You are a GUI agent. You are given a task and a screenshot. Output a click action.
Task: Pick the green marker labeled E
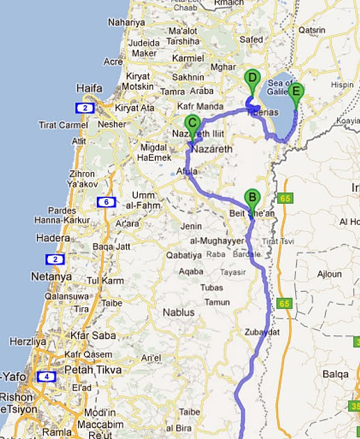point(297,91)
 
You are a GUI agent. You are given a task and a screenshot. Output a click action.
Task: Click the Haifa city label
point(90,88)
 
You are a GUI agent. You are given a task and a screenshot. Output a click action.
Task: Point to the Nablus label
point(178,313)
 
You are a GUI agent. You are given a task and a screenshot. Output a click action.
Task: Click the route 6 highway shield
point(106,203)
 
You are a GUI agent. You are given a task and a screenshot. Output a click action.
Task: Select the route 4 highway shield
point(46,377)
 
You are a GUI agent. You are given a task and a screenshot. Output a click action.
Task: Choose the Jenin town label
point(191,226)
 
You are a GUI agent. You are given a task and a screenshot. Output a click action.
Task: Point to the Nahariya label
point(126,22)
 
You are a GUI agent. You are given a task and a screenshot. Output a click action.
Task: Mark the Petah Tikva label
point(93,370)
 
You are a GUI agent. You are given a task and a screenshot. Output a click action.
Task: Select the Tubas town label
point(211,288)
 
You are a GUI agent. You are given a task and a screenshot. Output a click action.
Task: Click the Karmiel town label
point(191,59)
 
